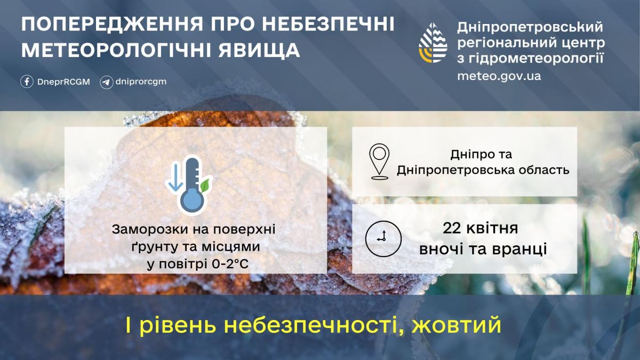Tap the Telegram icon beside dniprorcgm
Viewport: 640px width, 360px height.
[x=107, y=82]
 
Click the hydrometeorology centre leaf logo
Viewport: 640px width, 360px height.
[x=433, y=43]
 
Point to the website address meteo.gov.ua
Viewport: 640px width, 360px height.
[x=499, y=76]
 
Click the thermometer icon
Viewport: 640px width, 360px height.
[x=190, y=185]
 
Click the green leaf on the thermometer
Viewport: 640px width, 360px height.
[x=204, y=185]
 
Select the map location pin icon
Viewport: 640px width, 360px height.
[x=379, y=161]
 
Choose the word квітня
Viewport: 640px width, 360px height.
[x=494, y=229]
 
